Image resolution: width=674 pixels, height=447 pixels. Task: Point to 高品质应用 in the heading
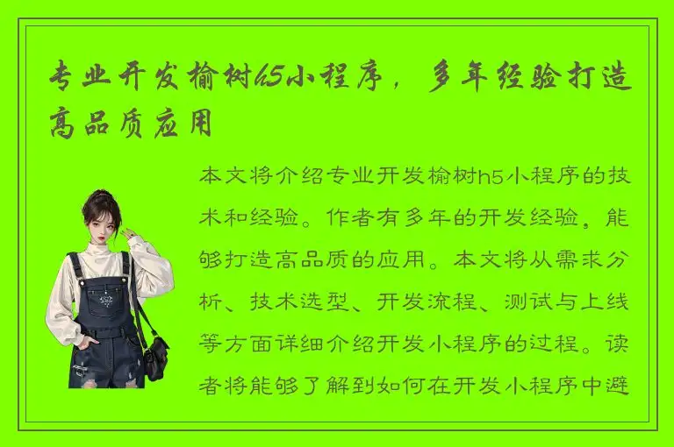pyautogui.click(x=132, y=124)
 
